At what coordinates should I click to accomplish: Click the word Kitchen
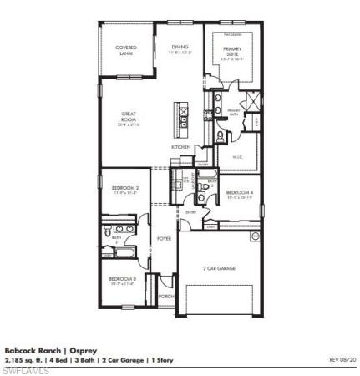181,146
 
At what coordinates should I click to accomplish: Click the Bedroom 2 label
124,190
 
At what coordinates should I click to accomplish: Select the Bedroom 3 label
123,280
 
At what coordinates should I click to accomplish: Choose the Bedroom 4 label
240,192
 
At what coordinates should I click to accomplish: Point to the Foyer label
165,239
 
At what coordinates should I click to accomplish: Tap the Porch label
166,296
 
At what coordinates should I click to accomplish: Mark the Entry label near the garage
191,211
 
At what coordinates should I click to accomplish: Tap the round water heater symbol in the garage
256,236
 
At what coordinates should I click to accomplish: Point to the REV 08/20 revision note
342,359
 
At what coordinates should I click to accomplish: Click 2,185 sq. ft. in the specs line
25,359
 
